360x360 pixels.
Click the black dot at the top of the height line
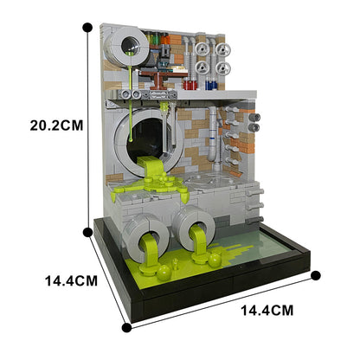click(x=87, y=27)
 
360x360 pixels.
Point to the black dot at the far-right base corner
click(x=316, y=276)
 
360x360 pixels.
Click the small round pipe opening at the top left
click(x=132, y=40)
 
